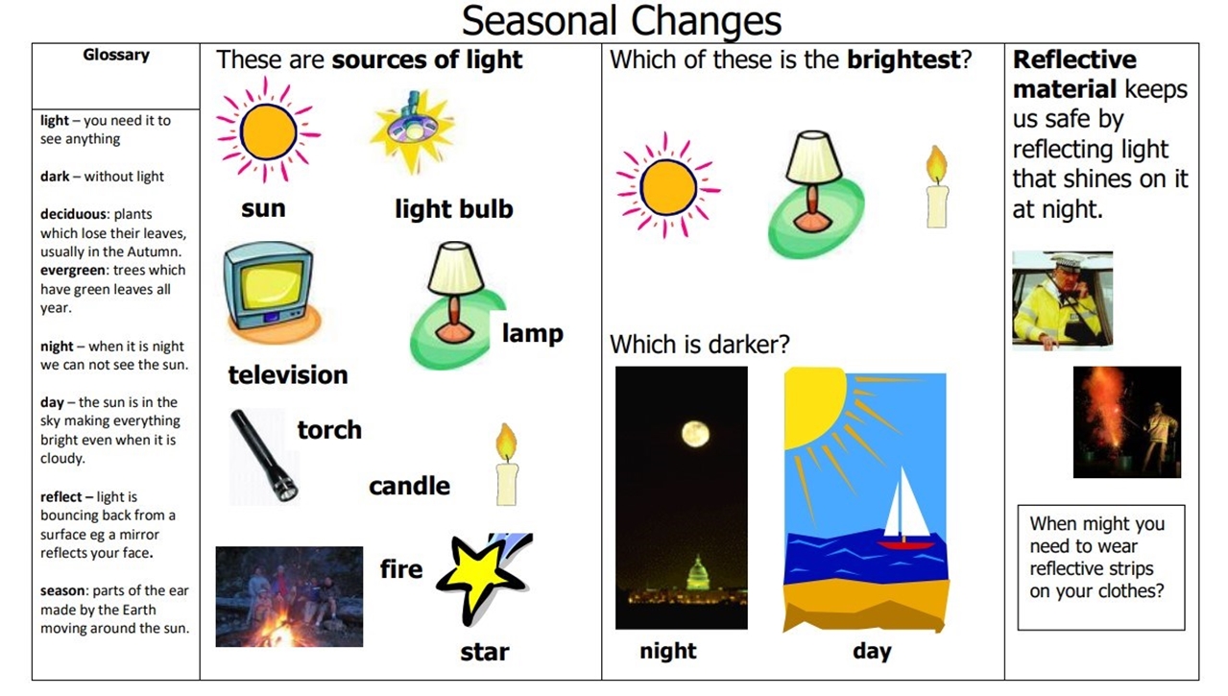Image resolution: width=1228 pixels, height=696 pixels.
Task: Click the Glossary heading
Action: [116, 56]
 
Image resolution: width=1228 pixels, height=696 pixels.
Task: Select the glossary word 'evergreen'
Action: [73, 270]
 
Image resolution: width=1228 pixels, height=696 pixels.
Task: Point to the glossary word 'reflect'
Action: [60, 496]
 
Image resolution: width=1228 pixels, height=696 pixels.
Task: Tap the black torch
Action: [264, 455]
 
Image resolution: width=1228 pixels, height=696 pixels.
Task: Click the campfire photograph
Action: [289, 596]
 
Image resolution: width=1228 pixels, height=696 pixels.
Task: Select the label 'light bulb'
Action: [454, 209]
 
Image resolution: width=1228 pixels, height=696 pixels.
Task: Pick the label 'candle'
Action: [410, 486]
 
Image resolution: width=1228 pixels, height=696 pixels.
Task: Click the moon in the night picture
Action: [696, 434]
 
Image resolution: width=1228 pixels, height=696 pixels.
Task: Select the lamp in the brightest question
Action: [814, 193]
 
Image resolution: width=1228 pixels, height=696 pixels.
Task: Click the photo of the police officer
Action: [1063, 300]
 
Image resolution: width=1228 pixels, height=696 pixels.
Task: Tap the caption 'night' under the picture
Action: [667, 651]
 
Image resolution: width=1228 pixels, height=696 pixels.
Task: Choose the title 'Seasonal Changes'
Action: [621, 21]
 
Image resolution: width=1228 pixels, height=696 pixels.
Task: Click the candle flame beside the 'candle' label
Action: [506, 442]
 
